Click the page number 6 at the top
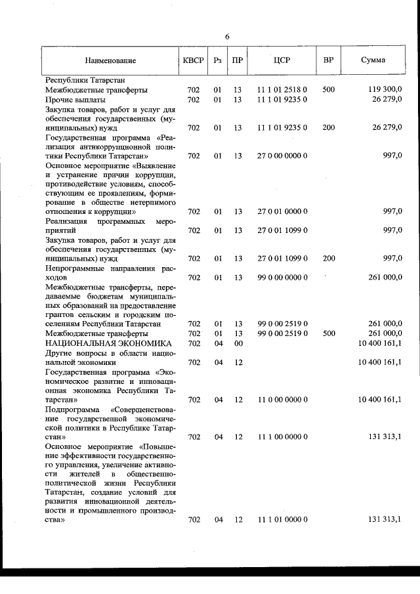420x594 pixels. [x=227, y=37]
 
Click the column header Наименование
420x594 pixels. [x=110, y=61]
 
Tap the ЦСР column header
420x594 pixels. [x=282, y=61]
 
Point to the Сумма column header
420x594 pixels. [x=373, y=61]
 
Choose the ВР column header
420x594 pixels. [x=329, y=61]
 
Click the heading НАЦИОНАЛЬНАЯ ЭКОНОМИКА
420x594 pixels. [x=108, y=343]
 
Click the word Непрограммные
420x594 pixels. [x=75, y=268]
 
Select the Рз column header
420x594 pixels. [x=218, y=61]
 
